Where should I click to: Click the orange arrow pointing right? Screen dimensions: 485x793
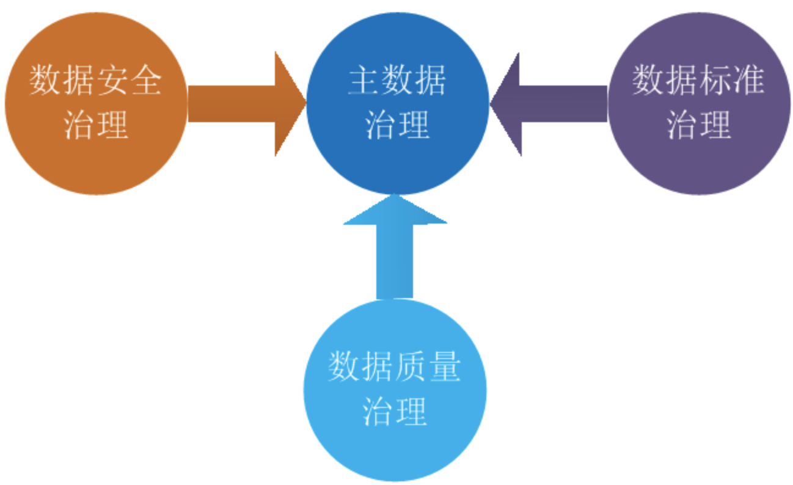244,104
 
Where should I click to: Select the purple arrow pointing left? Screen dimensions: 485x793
550,104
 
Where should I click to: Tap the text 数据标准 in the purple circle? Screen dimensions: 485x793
698,80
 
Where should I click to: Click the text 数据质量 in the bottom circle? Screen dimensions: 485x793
394,366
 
